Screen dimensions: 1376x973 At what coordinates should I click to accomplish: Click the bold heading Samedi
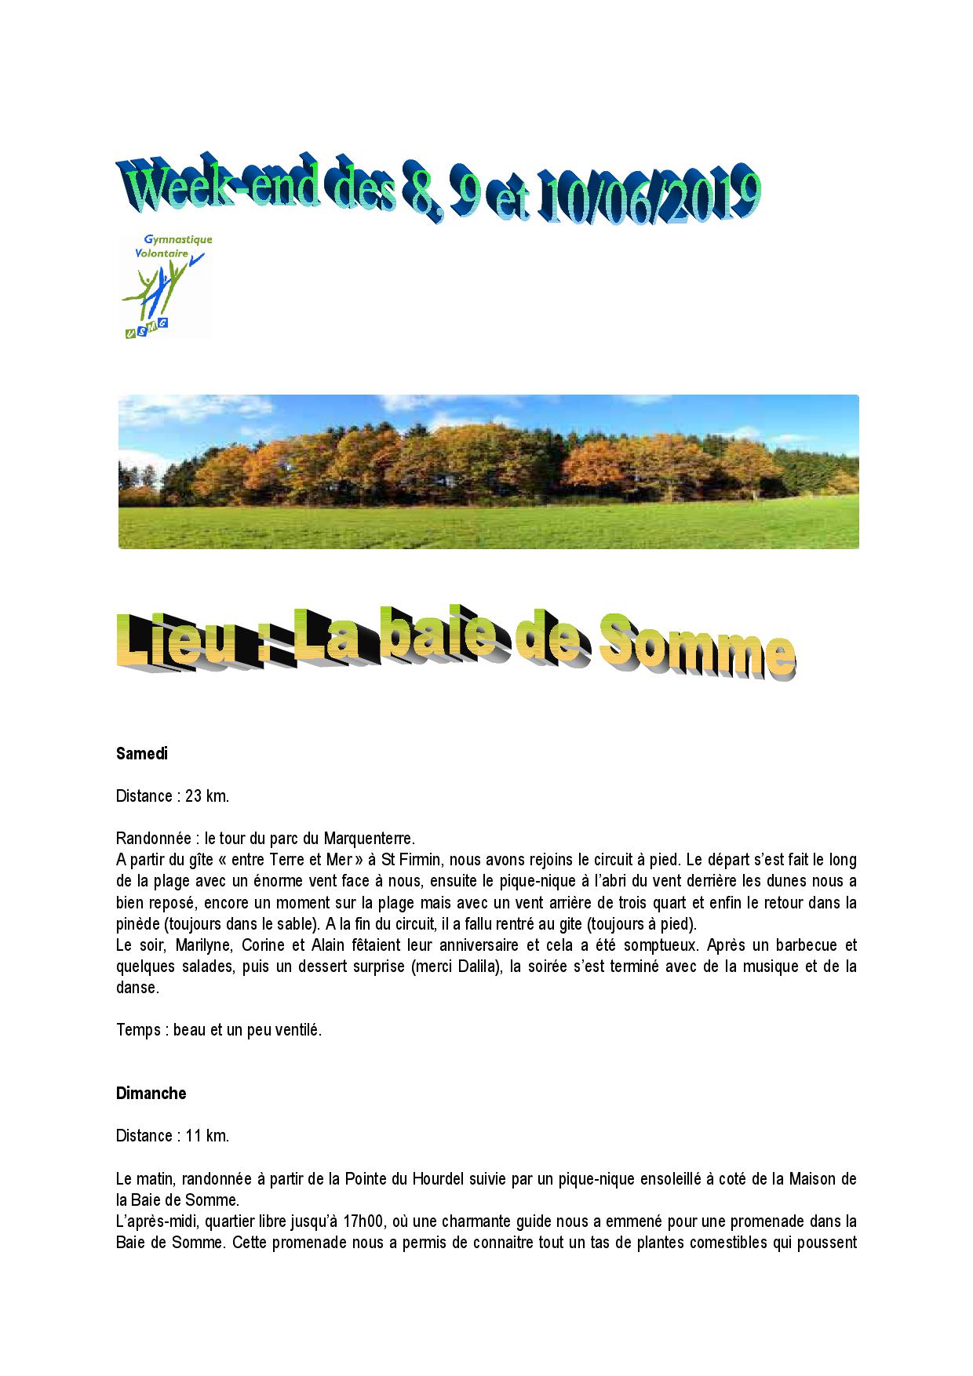point(142,754)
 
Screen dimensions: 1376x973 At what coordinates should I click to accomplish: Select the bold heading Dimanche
point(151,1093)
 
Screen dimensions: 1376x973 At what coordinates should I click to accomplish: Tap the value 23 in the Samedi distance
point(194,796)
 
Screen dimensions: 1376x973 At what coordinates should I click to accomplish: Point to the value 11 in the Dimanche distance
point(194,1135)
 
